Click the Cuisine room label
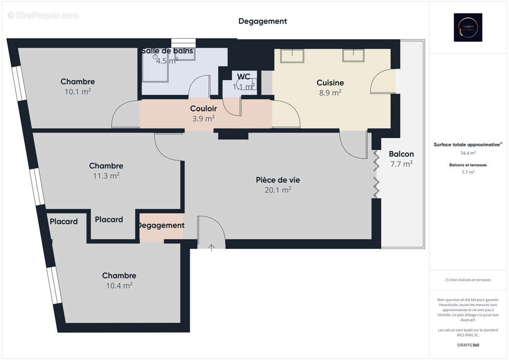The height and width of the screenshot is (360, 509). (330, 82)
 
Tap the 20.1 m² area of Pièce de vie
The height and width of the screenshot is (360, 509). (278, 190)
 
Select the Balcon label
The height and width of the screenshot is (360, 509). (401, 154)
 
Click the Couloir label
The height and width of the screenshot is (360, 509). (203, 108)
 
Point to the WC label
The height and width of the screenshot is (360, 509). (244, 76)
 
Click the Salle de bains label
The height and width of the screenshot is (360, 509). (167, 51)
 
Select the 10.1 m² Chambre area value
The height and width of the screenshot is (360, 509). (77, 91)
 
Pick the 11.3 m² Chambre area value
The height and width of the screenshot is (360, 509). (106, 176)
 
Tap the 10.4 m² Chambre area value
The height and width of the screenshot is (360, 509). (119, 285)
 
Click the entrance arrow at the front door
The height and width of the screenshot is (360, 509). (212, 246)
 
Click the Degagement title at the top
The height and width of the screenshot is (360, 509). (262, 21)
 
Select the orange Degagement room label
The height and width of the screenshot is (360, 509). (161, 225)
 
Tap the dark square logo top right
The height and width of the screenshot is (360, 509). (468, 27)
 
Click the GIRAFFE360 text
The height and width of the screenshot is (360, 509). (468, 345)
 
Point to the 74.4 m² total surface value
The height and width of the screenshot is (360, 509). (468, 153)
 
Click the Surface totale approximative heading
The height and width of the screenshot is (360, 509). (467, 144)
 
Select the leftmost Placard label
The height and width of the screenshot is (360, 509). (63, 221)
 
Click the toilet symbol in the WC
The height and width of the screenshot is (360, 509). (241, 84)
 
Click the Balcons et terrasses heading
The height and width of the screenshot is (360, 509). (468, 165)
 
